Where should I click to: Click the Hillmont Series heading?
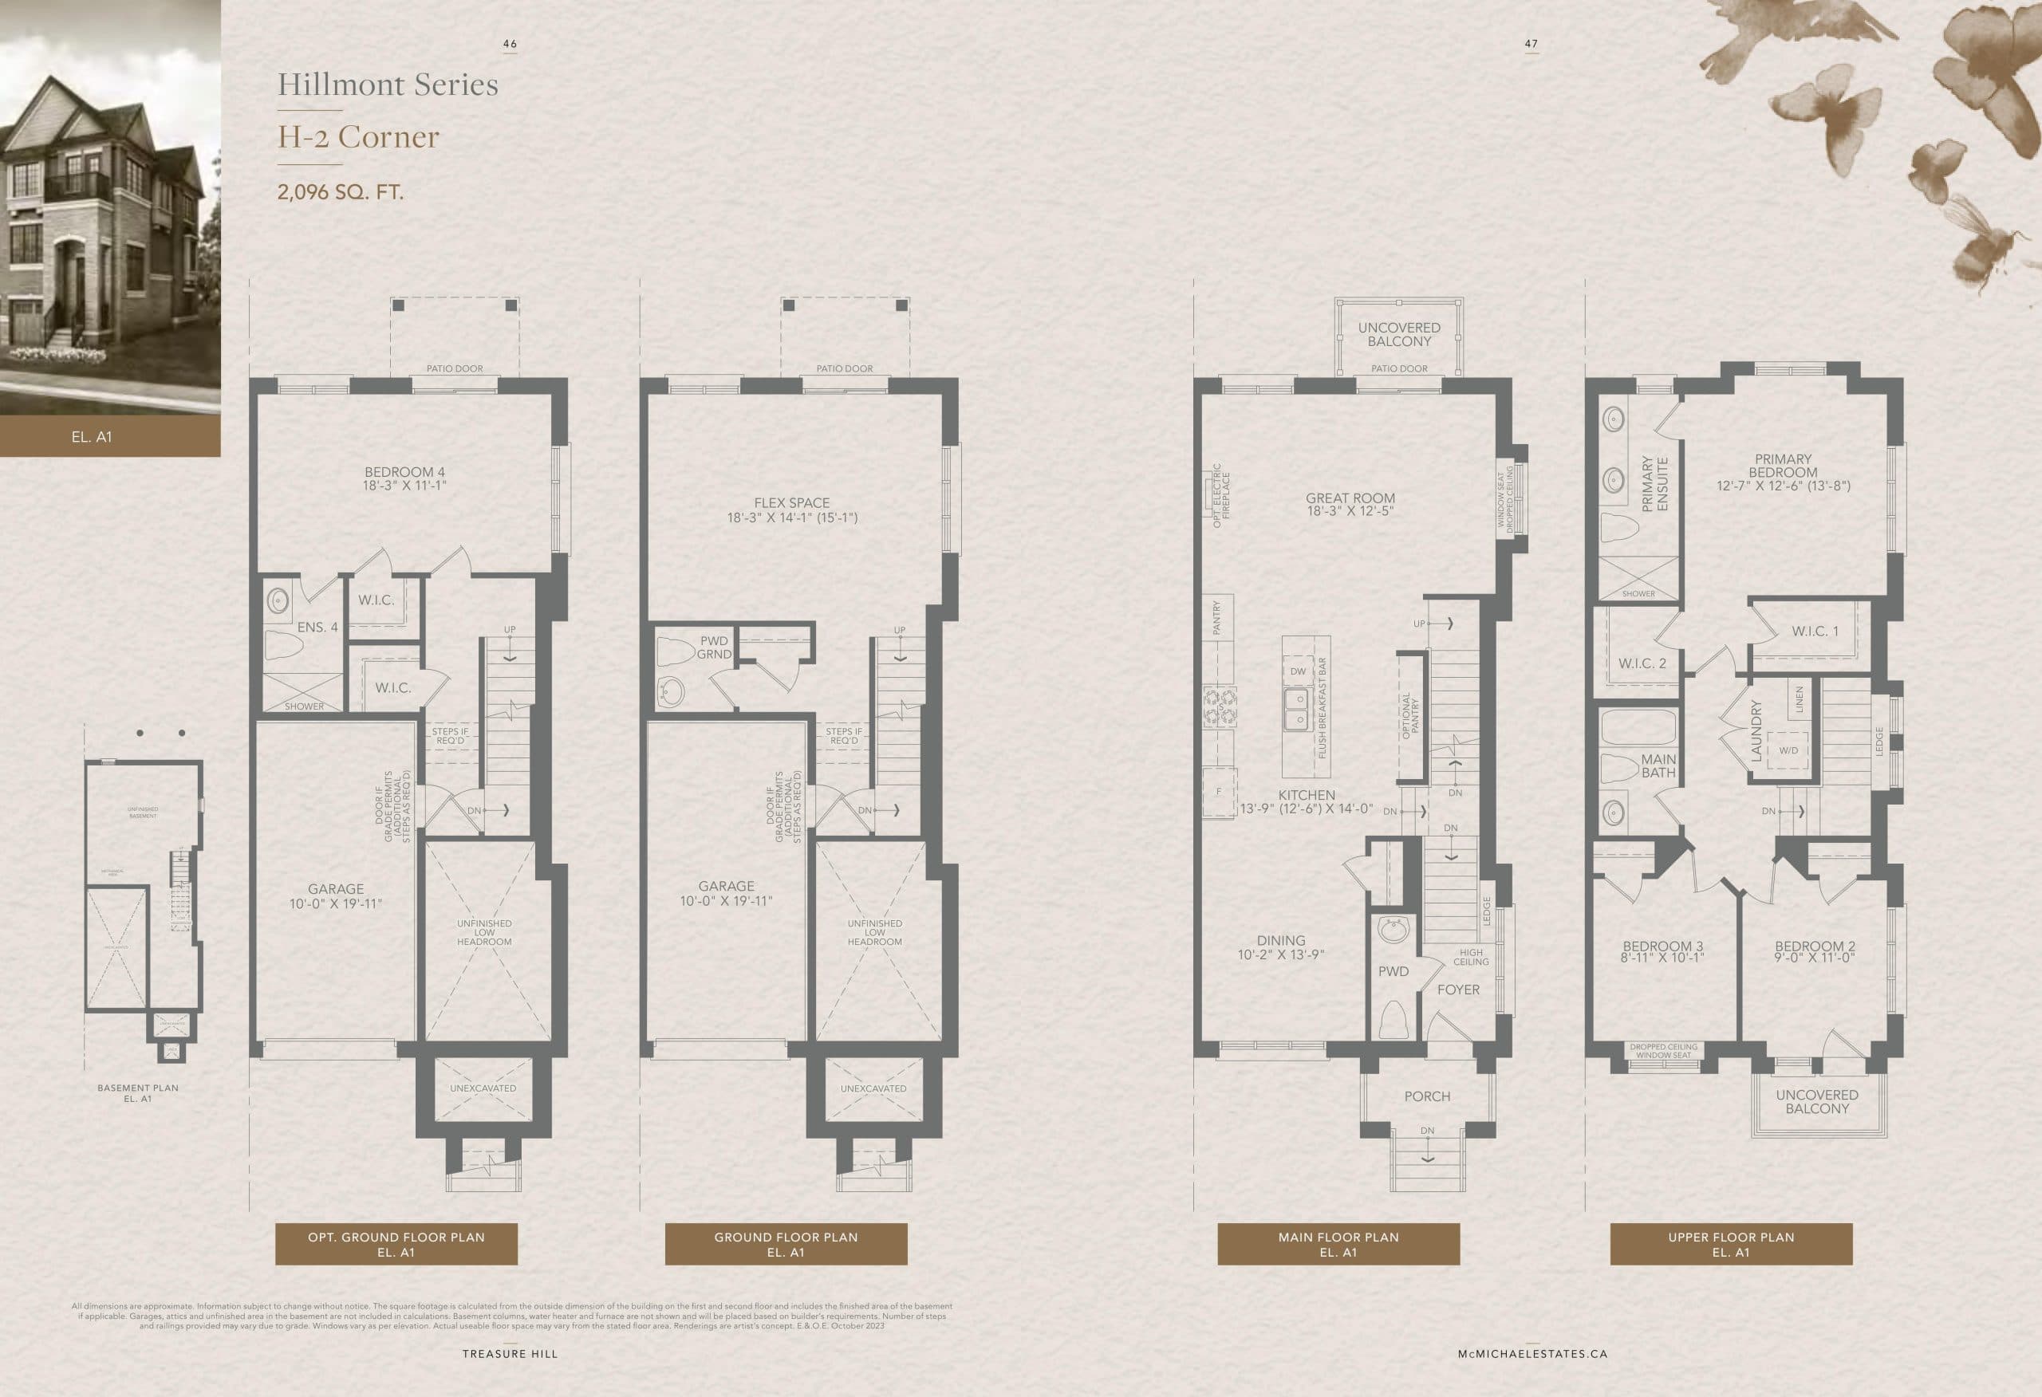(388, 85)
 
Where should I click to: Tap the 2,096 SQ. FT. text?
(341, 192)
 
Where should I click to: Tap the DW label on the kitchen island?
(1298, 671)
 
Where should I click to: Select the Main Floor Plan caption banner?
(1338, 1244)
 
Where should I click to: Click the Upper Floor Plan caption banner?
(1731, 1244)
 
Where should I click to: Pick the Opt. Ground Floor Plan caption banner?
(396, 1244)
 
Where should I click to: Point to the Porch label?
(1427, 1096)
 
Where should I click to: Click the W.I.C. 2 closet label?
(1642, 663)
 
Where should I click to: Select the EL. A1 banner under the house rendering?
(93, 437)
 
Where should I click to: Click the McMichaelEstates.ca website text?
(1532, 1354)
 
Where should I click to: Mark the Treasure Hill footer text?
(510, 1354)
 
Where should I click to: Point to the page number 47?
(1531, 44)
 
